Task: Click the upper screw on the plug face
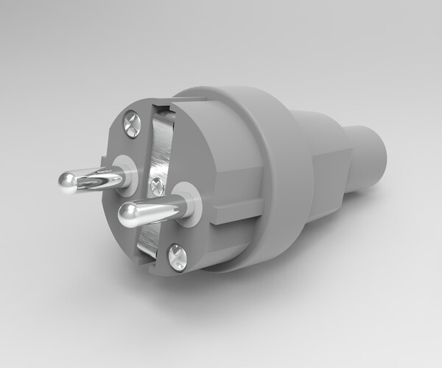coord(132,124)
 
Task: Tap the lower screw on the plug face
coord(177,257)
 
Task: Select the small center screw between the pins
coord(156,186)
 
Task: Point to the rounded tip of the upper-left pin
coord(67,181)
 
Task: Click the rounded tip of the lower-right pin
coord(127,214)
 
